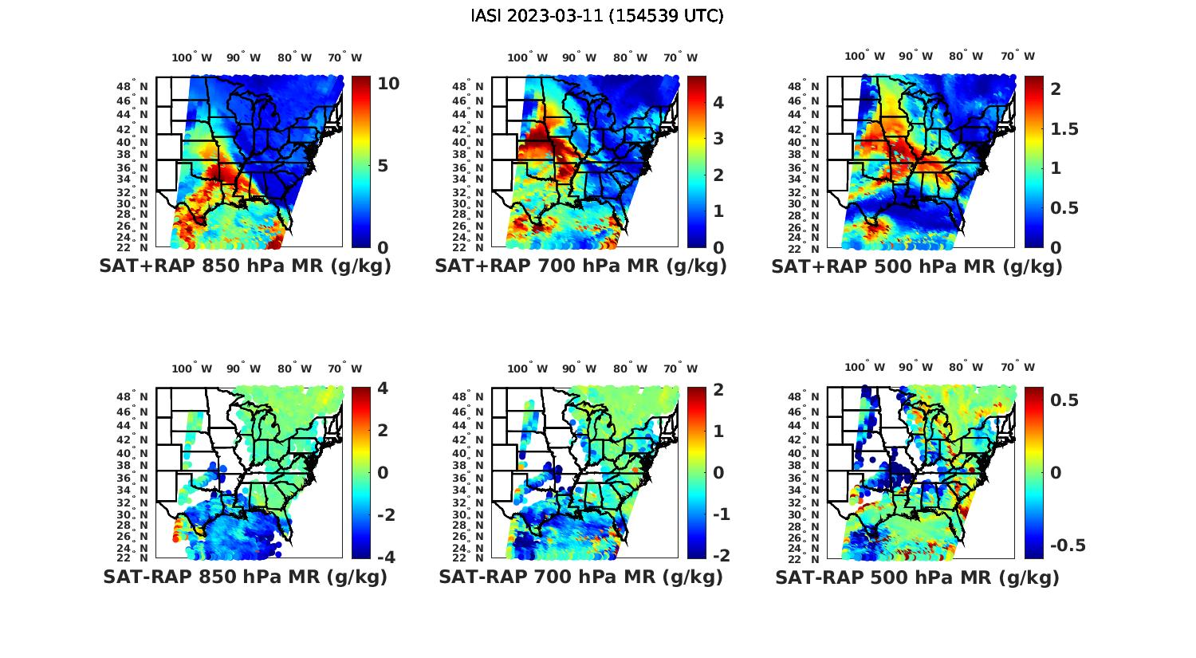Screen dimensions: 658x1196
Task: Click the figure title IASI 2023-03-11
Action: pos(597,15)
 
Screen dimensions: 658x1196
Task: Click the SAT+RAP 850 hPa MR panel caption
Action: pos(245,266)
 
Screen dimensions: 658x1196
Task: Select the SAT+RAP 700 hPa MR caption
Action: pos(580,266)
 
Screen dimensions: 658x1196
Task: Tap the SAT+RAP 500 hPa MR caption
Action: pos(917,266)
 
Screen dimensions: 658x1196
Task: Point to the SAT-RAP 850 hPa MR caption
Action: pos(245,577)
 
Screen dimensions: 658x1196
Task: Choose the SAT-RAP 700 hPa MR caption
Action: pos(580,577)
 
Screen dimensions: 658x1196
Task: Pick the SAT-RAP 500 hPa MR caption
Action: pos(917,577)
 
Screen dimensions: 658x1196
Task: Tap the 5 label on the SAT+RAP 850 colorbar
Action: pos(384,166)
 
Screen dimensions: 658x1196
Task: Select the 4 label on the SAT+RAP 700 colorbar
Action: pos(718,102)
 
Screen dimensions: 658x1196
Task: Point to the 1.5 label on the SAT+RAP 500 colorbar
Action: pos(1065,129)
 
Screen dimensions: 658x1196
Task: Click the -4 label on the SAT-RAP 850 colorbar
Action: pos(384,557)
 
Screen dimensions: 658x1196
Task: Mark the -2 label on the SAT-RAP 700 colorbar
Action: pos(720,555)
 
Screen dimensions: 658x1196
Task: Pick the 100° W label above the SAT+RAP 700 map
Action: pos(527,57)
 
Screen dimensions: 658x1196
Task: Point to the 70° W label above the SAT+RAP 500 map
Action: pos(1017,56)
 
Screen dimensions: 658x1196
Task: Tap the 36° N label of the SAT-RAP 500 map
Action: pos(805,478)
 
